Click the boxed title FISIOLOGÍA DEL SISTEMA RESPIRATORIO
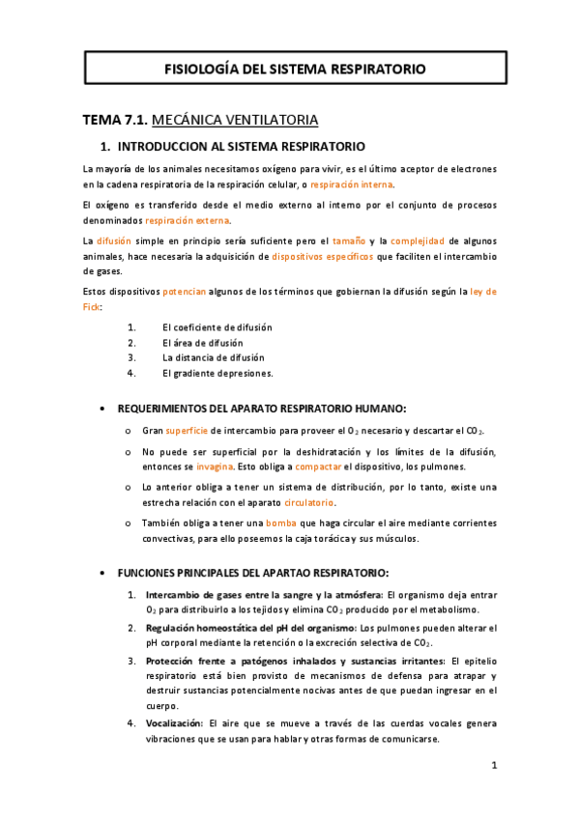(x=295, y=69)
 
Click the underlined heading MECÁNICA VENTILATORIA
(x=235, y=121)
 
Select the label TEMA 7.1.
(x=115, y=121)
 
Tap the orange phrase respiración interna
(x=352, y=184)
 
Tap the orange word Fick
(x=92, y=306)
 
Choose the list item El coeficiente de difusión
(x=217, y=327)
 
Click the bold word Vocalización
(x=174, y=722)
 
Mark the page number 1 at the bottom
(x=493, y=766)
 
